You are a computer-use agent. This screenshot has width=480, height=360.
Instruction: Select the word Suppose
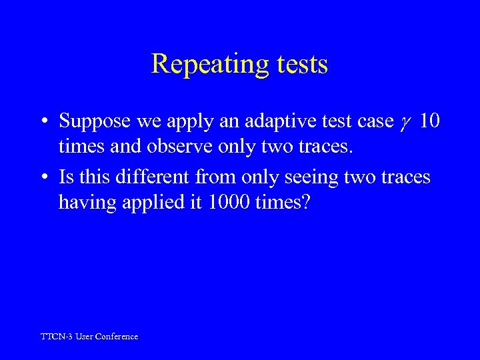(x=90, y=122)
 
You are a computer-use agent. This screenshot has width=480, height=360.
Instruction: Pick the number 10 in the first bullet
(x=430, y=121)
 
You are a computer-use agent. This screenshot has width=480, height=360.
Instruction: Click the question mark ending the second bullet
(x=306, y=202)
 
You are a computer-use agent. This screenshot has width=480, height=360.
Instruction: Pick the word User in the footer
(x=84, y=337)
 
